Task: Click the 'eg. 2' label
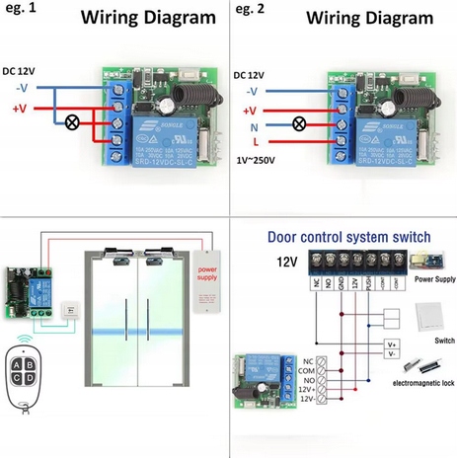coord(253,13)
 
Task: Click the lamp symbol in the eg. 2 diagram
coord(295,126)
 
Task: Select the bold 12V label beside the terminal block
coord(286,262)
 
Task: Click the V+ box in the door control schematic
coord(392,343)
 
